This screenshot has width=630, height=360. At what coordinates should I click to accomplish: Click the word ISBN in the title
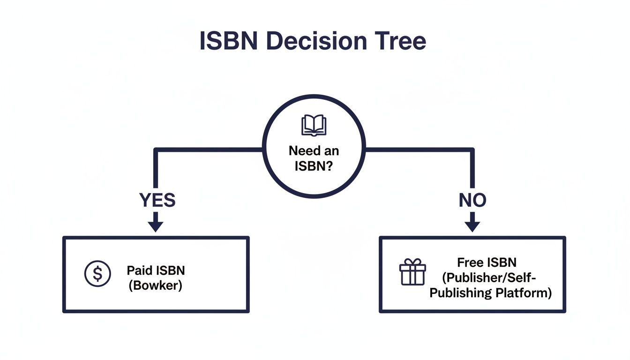point(229,41)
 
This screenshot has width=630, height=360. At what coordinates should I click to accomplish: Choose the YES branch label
point(157,200)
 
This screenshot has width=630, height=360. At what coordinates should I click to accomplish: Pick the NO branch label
point(472,200)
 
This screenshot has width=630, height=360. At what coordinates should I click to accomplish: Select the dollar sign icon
point(97,273)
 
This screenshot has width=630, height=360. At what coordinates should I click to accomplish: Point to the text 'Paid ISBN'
point(156,270)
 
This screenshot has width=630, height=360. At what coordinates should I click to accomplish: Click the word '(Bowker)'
point(155,285)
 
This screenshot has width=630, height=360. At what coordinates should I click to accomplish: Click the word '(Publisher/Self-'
point(490,277)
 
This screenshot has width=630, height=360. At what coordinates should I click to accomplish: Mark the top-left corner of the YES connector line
point(156,150)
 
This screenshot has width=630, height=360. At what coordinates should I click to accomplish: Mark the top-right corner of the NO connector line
point(472,150)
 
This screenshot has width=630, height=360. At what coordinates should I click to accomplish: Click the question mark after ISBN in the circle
point(329,166)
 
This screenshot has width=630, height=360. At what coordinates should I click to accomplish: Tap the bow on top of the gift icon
point(412,262)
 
